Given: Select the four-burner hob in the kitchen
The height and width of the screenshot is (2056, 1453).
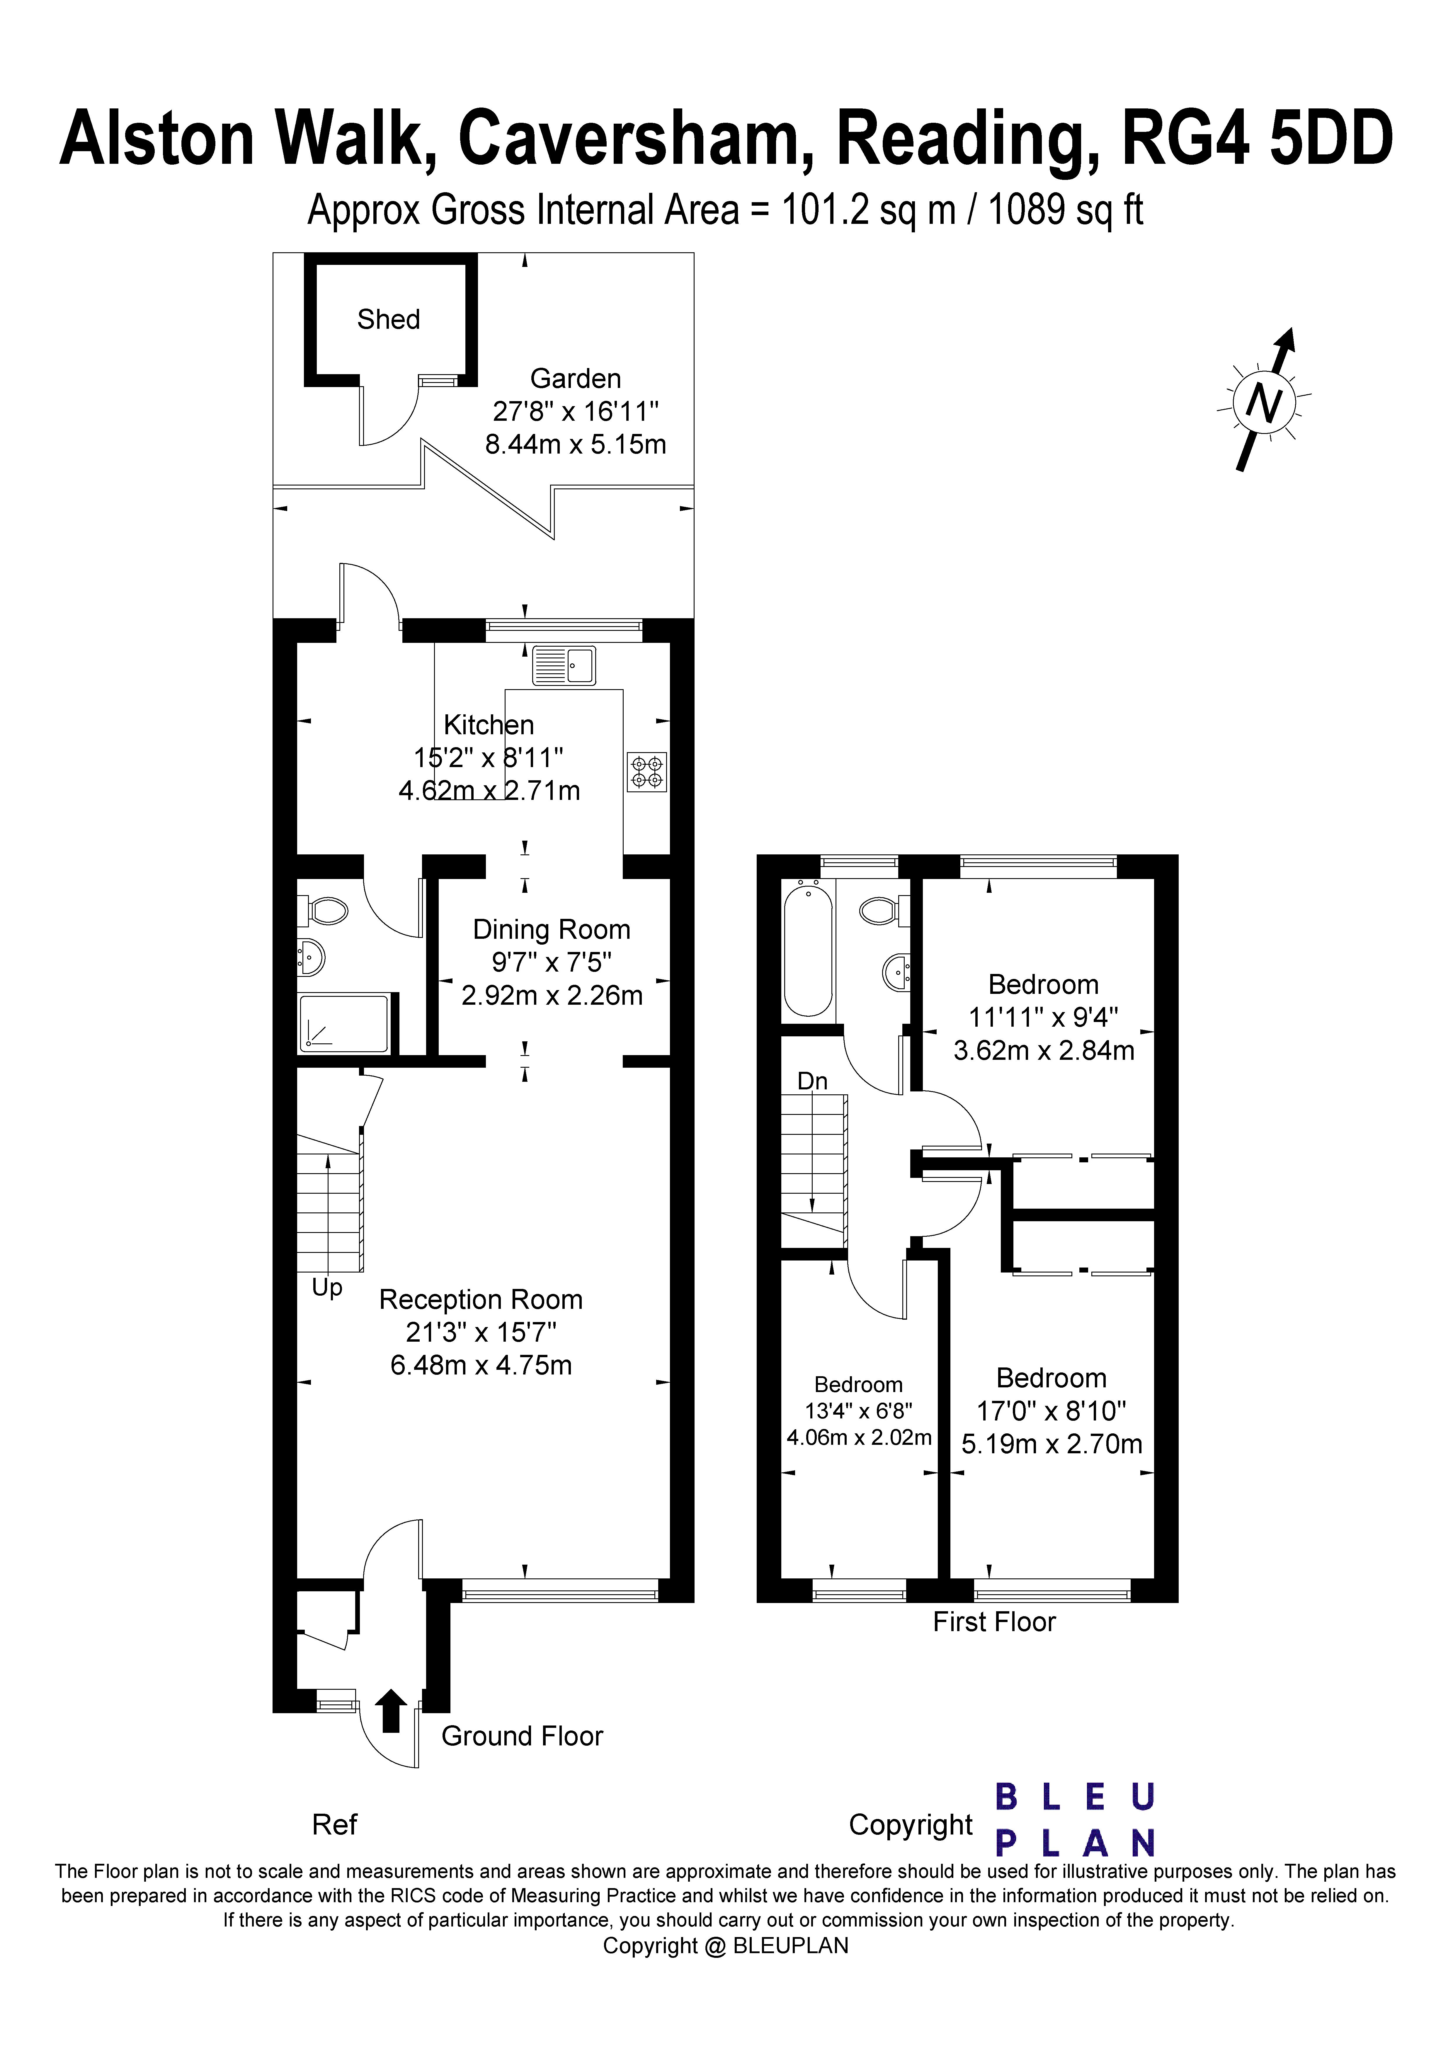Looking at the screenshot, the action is (x=647, y=772).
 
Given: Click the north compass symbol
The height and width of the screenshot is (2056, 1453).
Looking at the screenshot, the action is (x=1264, y=400).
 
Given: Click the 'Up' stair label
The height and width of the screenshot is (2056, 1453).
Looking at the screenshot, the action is (x=327, y=1288).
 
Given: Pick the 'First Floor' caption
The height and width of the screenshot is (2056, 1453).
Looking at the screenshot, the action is (x=994, y=1622).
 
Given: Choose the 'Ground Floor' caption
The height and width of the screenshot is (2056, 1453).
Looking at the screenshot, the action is (x=522, y=1736).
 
